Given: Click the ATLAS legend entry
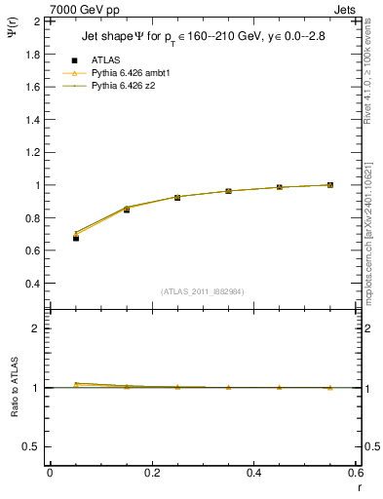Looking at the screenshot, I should [x=106, y=59].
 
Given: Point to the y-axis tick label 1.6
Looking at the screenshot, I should [x=31, y=87].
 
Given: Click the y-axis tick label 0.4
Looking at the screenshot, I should [x=31, y=284].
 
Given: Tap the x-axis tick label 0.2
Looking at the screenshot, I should [x=152, y=473].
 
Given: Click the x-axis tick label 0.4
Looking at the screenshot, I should [x=254, y=473].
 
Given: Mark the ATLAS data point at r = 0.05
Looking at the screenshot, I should [x=76, y=238].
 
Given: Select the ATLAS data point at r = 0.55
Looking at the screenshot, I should [x=330, y=185].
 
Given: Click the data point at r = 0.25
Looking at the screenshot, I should [x=177, y=197].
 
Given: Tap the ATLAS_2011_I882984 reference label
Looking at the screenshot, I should [x=204, y=291].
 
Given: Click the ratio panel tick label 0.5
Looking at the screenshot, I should [x=31, y=446].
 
